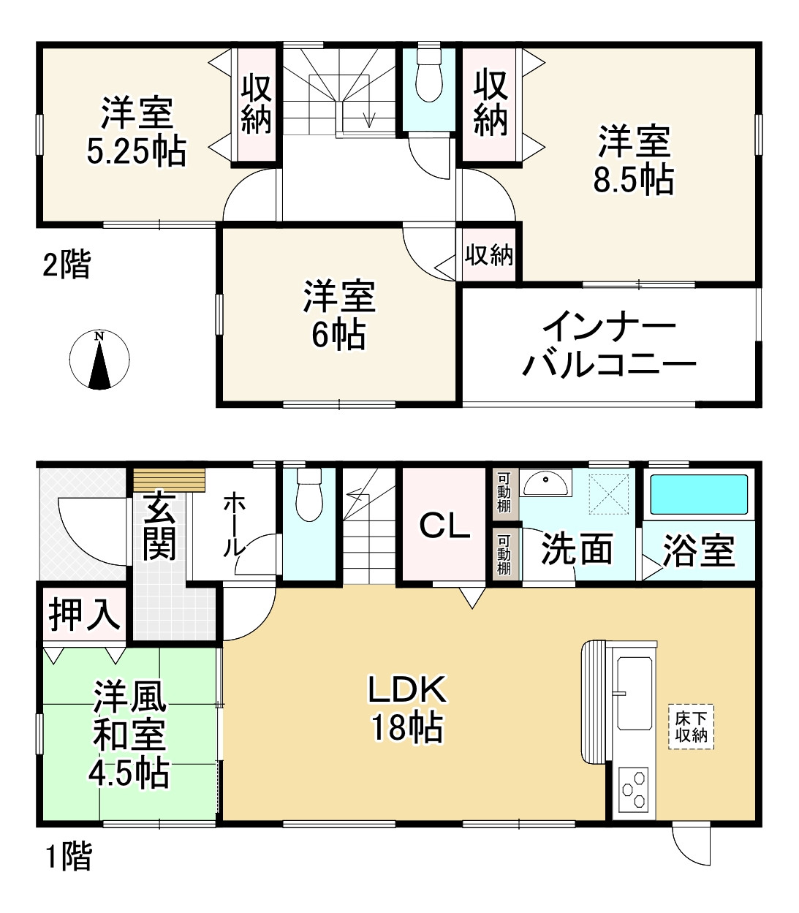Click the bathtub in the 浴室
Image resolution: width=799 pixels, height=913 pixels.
coord(698,495)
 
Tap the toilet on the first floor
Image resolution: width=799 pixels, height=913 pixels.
coord(309,496)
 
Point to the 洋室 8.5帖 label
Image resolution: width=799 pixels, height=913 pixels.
coord(633,159)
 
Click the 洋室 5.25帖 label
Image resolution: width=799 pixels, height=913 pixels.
coord(137,132)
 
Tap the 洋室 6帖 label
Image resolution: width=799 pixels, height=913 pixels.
coord(339,315)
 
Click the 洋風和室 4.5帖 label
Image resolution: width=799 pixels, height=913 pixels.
coord(129,735)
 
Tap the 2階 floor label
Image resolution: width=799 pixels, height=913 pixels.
coord(67,265)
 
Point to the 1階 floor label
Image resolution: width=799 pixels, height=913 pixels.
coord(69,856)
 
